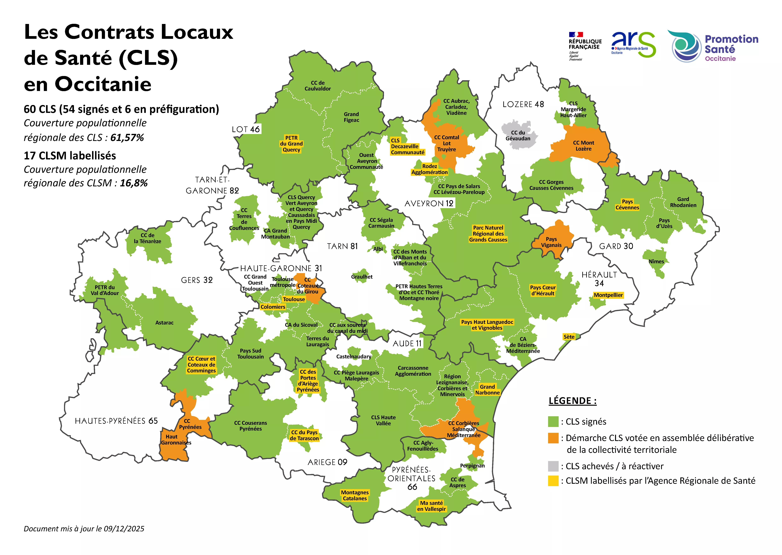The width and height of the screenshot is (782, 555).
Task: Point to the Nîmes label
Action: pyautogui.click(x=656, y=261)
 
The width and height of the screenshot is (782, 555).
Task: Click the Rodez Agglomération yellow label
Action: pyautogui.click(x=429, y=169)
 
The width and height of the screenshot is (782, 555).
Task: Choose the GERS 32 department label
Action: pyautogui.click(x=197, y=280)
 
